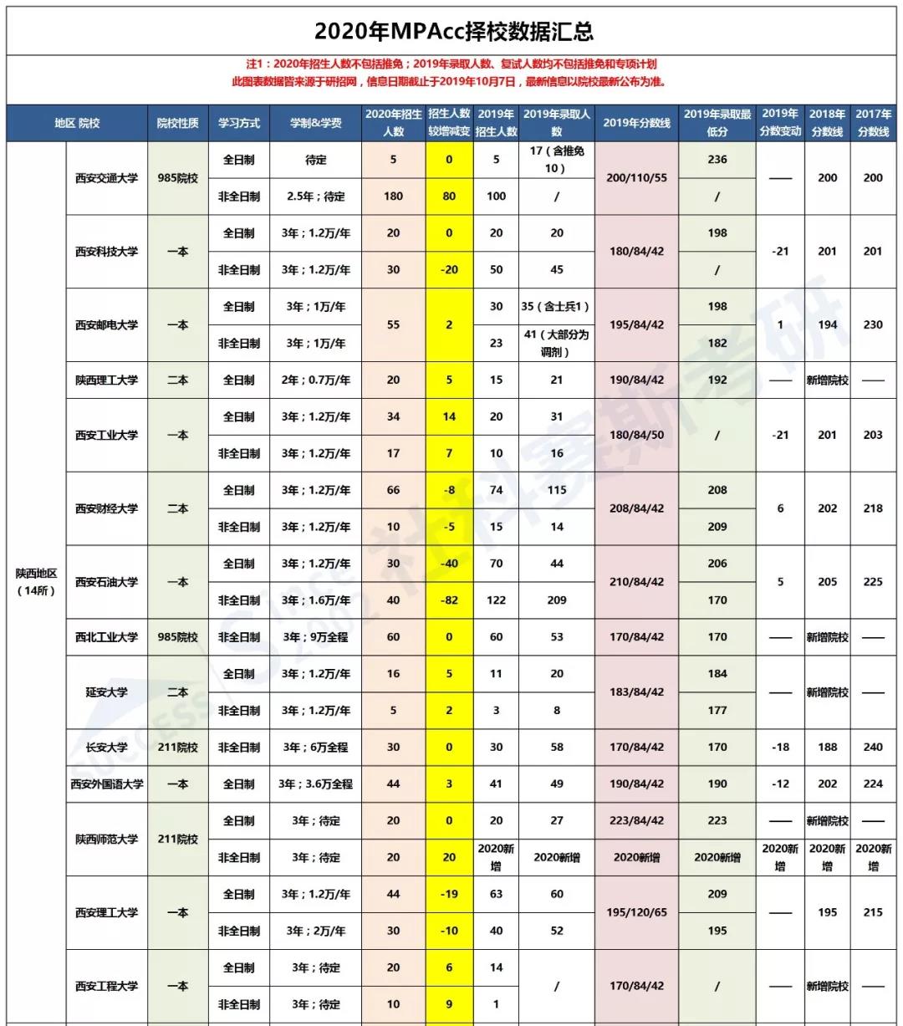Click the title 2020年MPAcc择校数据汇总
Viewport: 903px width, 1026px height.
click(453, 31)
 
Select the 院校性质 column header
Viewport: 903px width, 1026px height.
click(177, 123)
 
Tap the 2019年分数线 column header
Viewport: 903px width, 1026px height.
click(636, 123)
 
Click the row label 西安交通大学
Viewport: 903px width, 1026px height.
click(106, 178)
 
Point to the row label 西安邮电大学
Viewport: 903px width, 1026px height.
click(106, 325)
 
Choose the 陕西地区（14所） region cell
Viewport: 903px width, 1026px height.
click(36, 582)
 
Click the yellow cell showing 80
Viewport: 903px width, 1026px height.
click(449, 197)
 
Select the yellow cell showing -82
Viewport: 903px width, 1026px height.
click(449, 600)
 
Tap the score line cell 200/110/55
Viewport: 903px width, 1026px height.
click(636, 178)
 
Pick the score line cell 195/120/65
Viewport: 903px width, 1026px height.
click(636, 912)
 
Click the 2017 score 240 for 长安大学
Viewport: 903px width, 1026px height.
click(873, 748)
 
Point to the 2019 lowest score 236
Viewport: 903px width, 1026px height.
click(717, 160)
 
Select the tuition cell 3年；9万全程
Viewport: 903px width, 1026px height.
click(315, 637)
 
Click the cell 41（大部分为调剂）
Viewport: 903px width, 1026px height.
click(556, 343)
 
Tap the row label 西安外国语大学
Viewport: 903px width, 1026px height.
click(106, 784)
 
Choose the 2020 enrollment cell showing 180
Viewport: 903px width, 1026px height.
click(393, 197)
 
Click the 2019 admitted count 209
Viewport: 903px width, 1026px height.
click(556, 600)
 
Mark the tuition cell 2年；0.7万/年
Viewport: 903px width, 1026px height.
click(315, 380)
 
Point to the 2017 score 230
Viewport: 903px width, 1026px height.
click(873, 325)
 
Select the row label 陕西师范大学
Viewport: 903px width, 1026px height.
click(106, 839)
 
